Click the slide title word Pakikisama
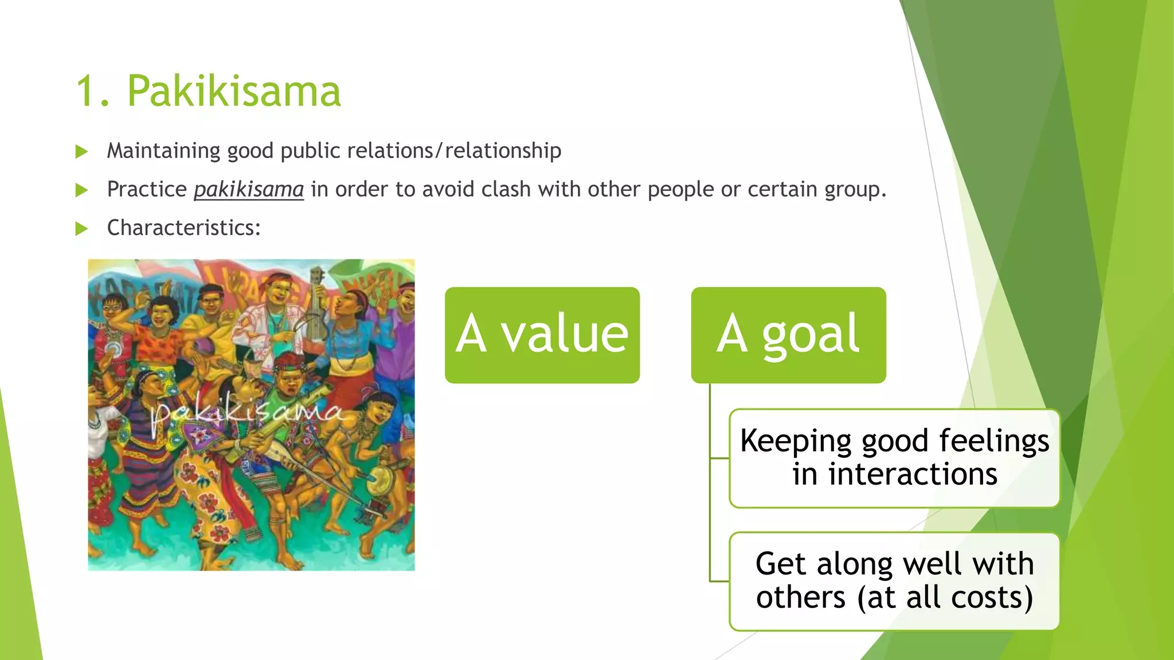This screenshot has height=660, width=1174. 233,91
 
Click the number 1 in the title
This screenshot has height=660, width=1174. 87,91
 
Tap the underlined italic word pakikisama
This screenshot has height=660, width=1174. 249,189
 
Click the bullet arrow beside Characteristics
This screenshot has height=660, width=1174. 81,229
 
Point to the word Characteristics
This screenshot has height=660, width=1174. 183,228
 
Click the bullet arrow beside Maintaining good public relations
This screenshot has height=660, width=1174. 81,152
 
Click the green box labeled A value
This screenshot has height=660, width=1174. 542,335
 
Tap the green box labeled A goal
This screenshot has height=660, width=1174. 788,335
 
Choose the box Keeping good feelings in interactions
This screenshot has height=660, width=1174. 894,458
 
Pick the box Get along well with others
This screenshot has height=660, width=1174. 894,581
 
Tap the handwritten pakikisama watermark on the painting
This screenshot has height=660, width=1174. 246,411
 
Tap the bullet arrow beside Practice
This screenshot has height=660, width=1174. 81,190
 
